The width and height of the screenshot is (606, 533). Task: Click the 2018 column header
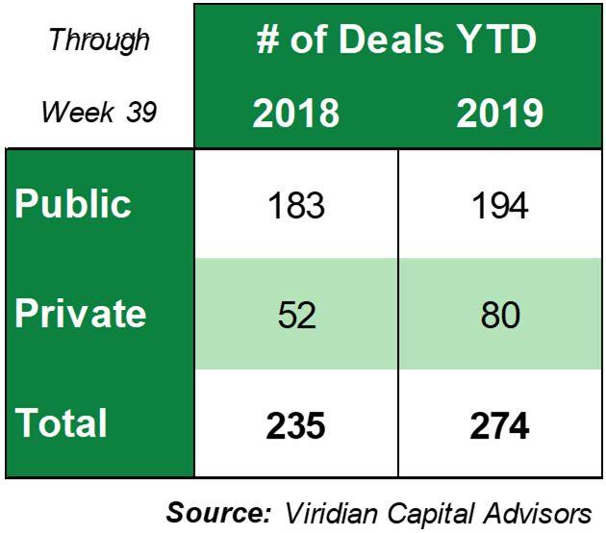coord(296,114)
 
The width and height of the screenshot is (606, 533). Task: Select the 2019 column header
coord(499,114)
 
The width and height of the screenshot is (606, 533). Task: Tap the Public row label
coord(73,204)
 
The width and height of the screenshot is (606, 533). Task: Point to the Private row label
coord(80,314)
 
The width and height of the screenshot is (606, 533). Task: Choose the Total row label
coord(60,423)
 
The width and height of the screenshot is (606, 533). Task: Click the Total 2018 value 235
coord(296,425)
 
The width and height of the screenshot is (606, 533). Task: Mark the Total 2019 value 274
coord(499,425)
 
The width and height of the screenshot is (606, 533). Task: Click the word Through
coord(99,40)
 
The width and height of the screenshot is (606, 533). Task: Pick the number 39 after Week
coord(141,113)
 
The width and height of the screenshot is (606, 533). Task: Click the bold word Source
coord(215,510)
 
